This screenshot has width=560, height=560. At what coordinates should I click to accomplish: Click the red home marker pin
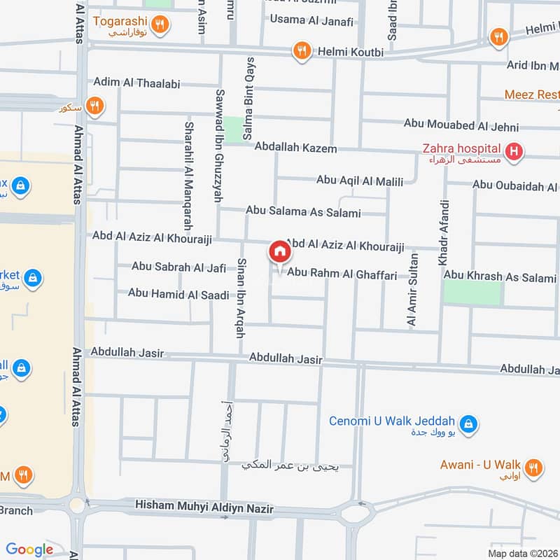279,251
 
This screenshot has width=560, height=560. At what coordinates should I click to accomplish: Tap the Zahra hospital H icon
514,151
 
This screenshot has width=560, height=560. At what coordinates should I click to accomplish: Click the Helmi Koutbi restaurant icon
302,50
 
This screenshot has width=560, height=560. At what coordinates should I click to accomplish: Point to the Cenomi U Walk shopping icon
469,423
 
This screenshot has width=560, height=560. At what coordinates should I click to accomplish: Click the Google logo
29,549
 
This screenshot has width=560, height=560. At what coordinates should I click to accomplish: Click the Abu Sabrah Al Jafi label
178,267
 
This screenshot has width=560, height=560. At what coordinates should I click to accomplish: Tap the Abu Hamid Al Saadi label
178,294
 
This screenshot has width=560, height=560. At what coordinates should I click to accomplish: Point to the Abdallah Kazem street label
295,148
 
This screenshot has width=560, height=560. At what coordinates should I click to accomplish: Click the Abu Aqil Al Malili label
360,181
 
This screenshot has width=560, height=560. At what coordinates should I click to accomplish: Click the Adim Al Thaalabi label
136,83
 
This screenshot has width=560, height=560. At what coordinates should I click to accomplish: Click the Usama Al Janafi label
311,20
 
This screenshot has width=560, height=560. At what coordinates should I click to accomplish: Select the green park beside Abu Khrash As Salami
473,293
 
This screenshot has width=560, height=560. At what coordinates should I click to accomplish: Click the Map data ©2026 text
521,553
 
